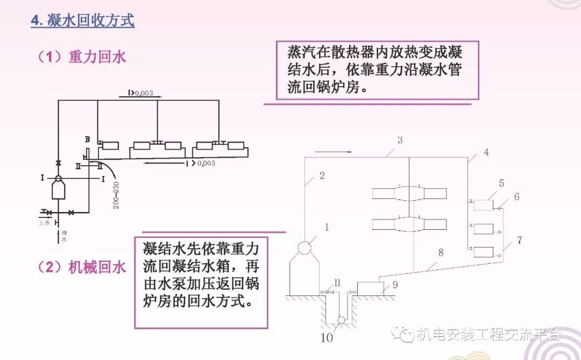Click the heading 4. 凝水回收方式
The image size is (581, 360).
click(x=82, y=22)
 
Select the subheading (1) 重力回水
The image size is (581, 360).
click(x=82, y=57)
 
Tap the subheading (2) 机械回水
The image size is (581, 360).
click(x=82, y=266)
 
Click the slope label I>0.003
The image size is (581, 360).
click(x=140, y=93)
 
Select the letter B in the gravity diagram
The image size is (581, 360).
click(x=87, y=139)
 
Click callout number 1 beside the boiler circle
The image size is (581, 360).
click(x=327, y=228)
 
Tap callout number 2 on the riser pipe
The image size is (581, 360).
click(x=322, y=175)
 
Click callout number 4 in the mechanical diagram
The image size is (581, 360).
click(x=486, y=152)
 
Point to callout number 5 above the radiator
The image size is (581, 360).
click(x=501, y=183)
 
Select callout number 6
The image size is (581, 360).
click(x=516, y=197)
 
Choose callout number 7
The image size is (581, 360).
click(x=519, y=240)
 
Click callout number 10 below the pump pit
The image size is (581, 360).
click(x=328, y=338)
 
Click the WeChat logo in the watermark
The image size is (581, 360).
click(x=403, y=334)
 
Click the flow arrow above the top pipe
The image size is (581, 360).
click(x=335, y=152)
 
